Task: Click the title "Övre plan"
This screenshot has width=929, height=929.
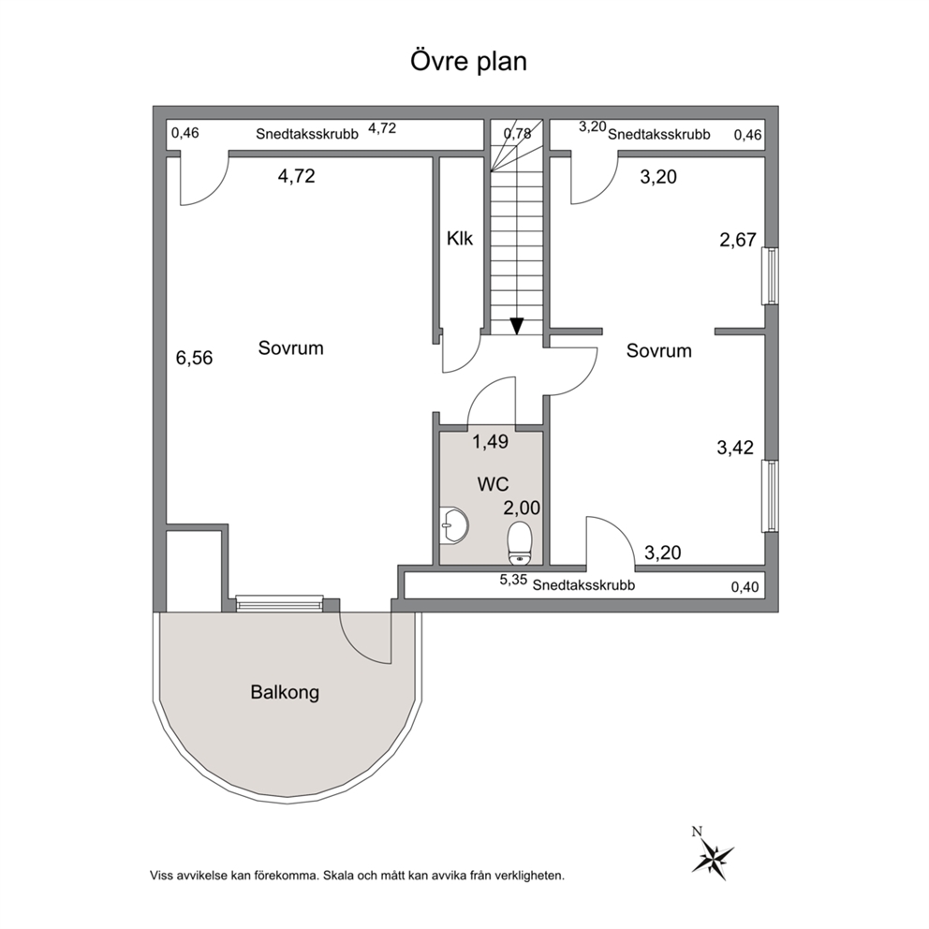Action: [x=468, y=62]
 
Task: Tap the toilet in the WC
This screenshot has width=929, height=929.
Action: [x=521, y=542]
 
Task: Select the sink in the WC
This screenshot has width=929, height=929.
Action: [x=454, y=525]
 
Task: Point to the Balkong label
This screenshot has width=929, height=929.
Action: [x=285, y=693]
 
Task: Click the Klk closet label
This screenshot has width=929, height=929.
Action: [x=460, y=239]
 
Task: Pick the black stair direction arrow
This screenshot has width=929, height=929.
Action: [x=517, y=326]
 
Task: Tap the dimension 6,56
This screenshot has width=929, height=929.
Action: [x=195, y=358]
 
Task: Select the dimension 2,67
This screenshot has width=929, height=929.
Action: [x=738, y=240]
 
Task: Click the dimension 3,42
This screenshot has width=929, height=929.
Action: [x=735, y=448]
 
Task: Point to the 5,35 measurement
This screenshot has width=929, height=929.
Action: [x=513, y=580]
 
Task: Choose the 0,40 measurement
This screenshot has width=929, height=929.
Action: [x=745, y=587]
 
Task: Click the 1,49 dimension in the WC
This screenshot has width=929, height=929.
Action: [x=490, y=441]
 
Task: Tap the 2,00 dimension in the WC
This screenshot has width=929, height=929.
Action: [x=522, y=508]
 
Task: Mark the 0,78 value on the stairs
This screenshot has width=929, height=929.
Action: [x=517, y=133]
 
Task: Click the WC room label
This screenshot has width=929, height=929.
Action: [x=493, y=484]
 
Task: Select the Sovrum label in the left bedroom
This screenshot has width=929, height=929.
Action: [x=291, y=347]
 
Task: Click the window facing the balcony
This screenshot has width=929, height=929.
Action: [x=280, y=602]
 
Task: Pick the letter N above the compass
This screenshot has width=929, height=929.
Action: [x=698, y=832]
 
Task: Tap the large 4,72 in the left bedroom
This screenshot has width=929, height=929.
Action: [x=296, y=176]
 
